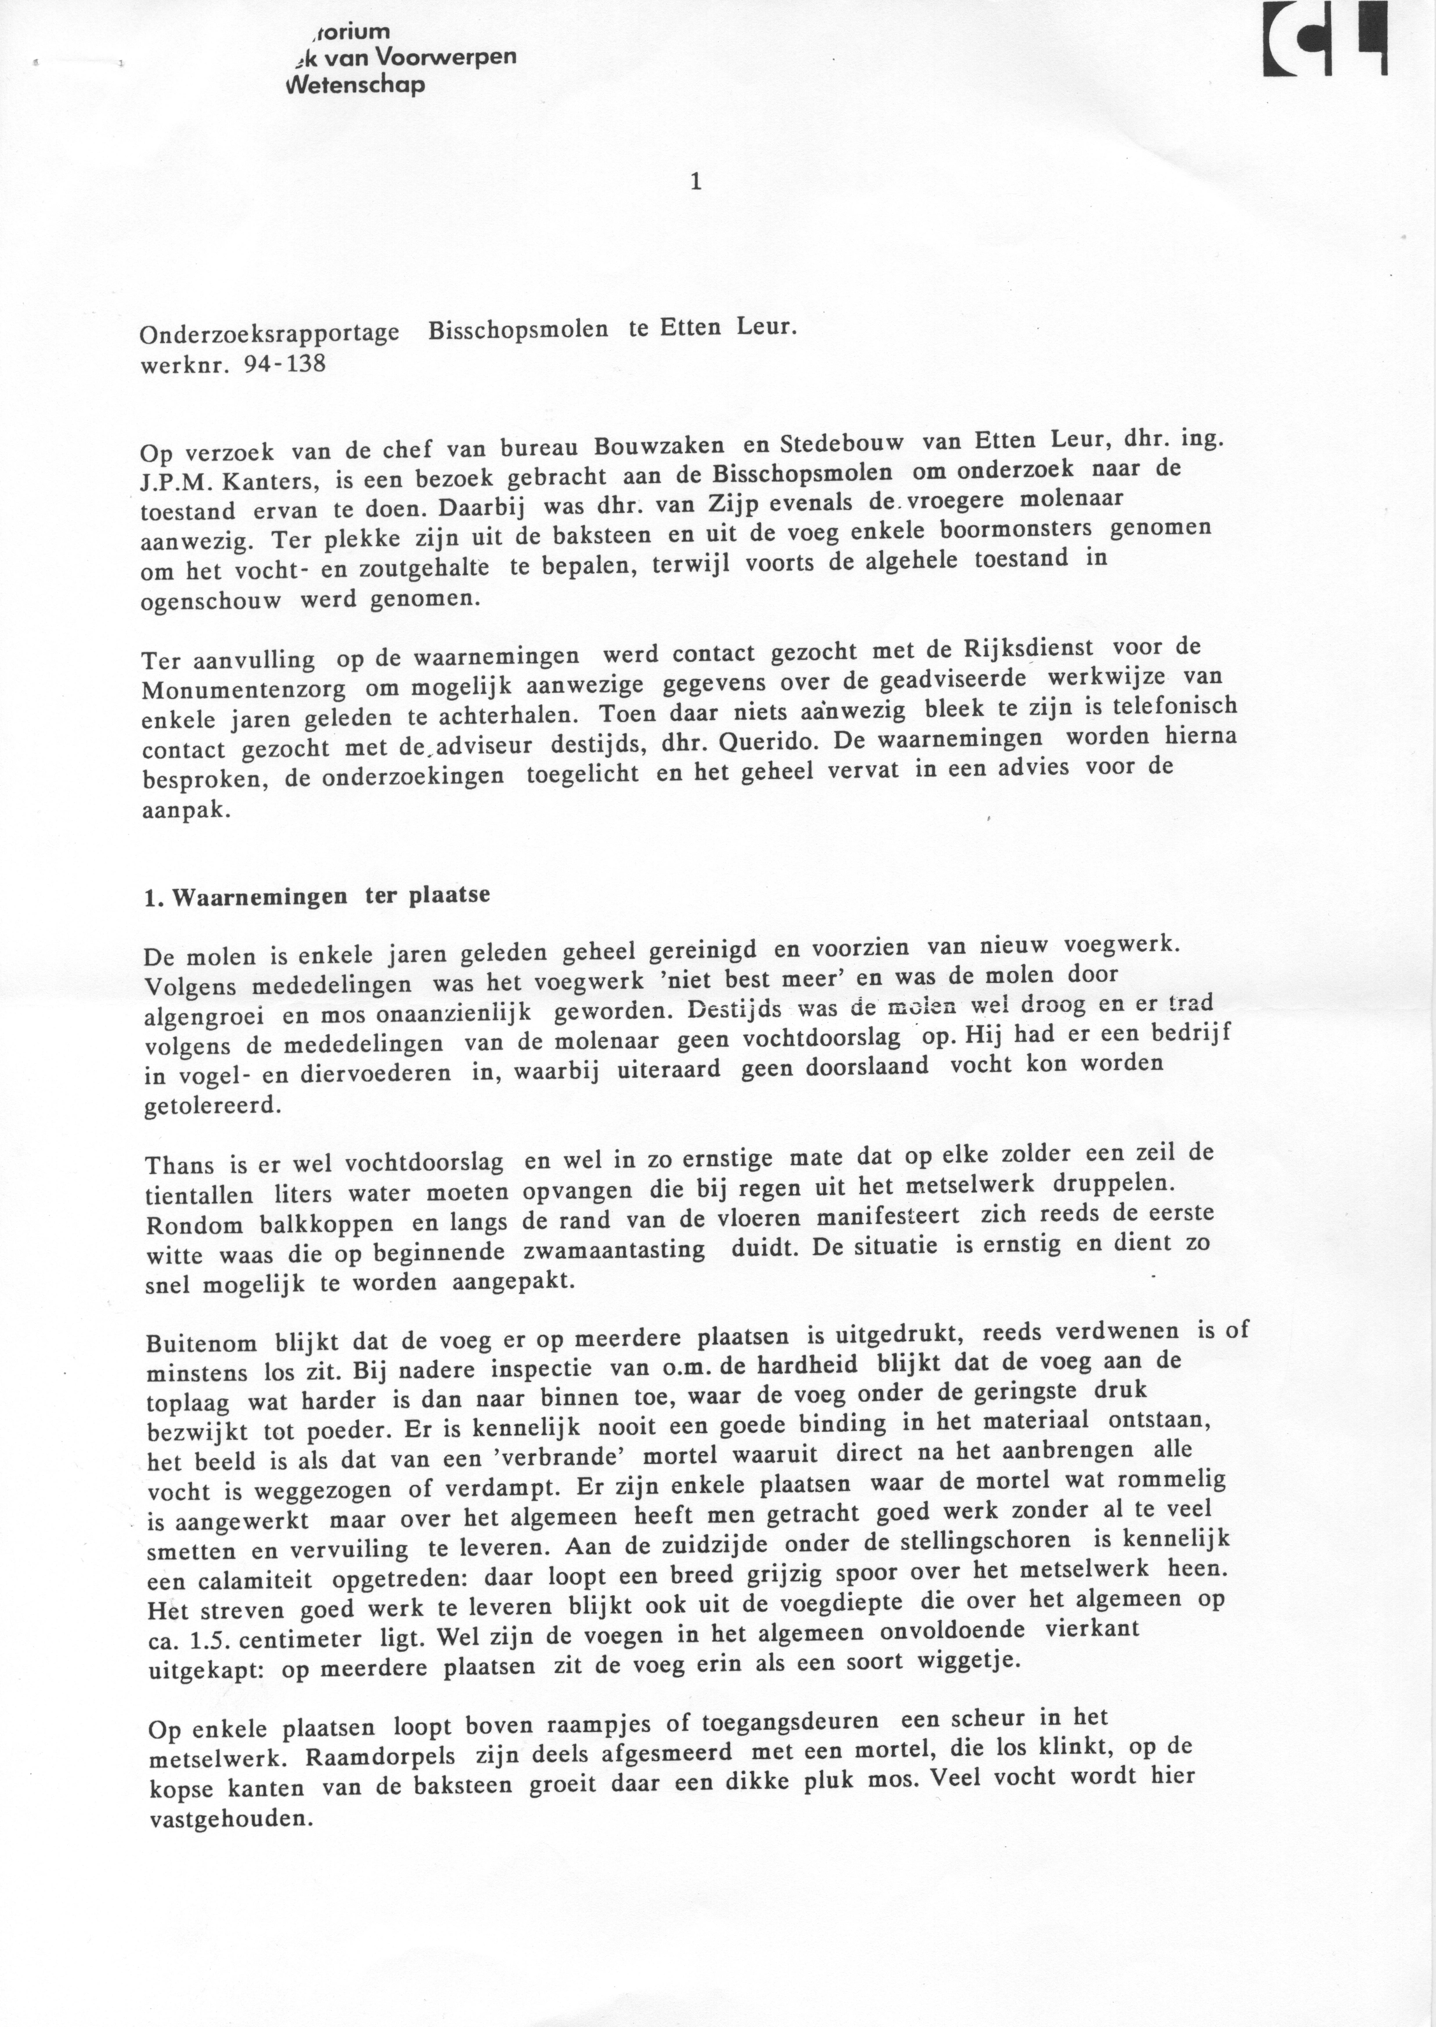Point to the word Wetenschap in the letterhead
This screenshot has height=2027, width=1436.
pyautogui.click(x=355, y=86)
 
